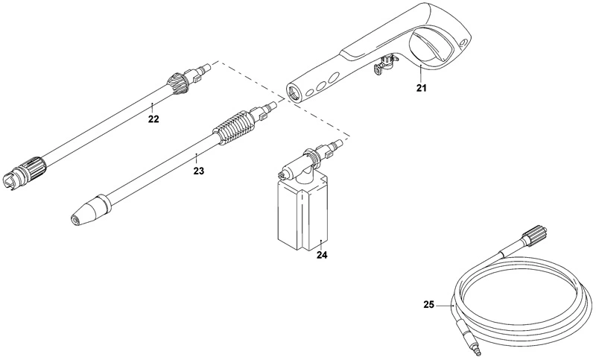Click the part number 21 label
(x=421, y=88)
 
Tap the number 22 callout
(x=154, y=119)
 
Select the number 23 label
(x=198, y=171)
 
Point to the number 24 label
(x=322, y=256)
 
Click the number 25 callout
(x=429, y=305)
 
